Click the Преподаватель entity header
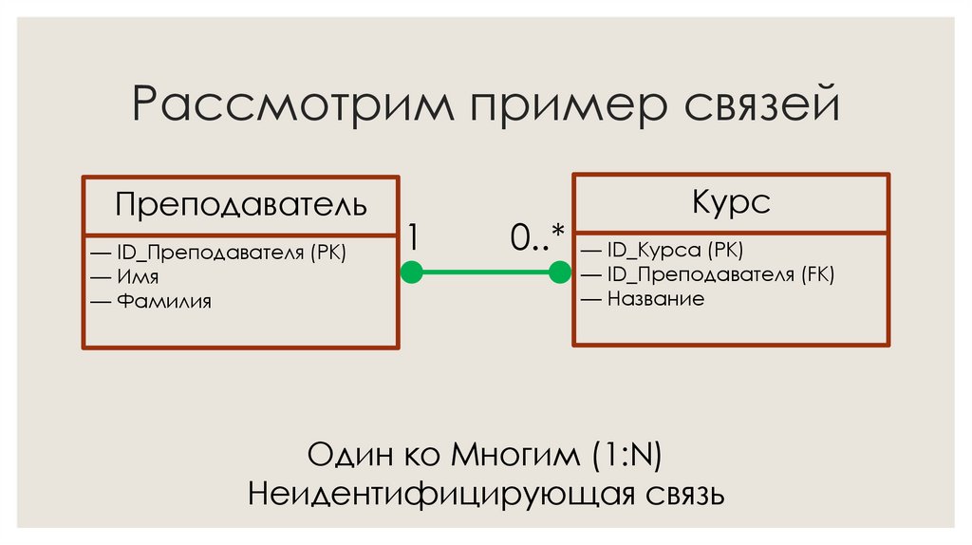(x=240, y=204)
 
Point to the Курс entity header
(x=730, y=201)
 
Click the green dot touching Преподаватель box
(x=411, y=273)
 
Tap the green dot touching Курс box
(x=560, y=273)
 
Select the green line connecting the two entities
(x=485, y=273)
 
